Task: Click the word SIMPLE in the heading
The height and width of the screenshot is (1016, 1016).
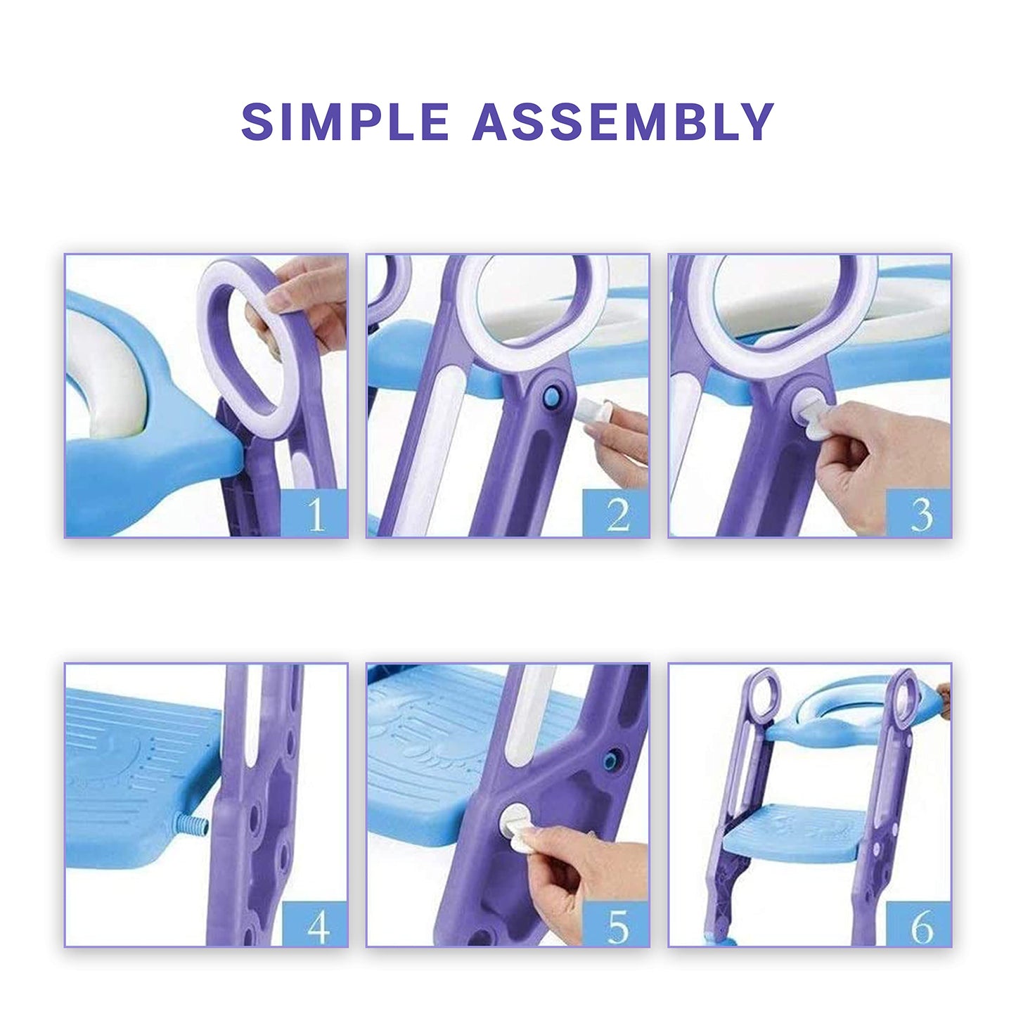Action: [345, 122]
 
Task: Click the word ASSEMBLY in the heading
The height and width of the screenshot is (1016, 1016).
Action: [623, 122]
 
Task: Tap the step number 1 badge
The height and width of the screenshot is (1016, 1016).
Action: [314, 513]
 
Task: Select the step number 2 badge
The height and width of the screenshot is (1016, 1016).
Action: [616, 513]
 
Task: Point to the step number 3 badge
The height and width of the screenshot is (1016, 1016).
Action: [918, 513]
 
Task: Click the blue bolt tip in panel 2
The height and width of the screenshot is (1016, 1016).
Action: [551, 395]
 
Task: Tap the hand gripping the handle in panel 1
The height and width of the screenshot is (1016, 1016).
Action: [303, 306]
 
